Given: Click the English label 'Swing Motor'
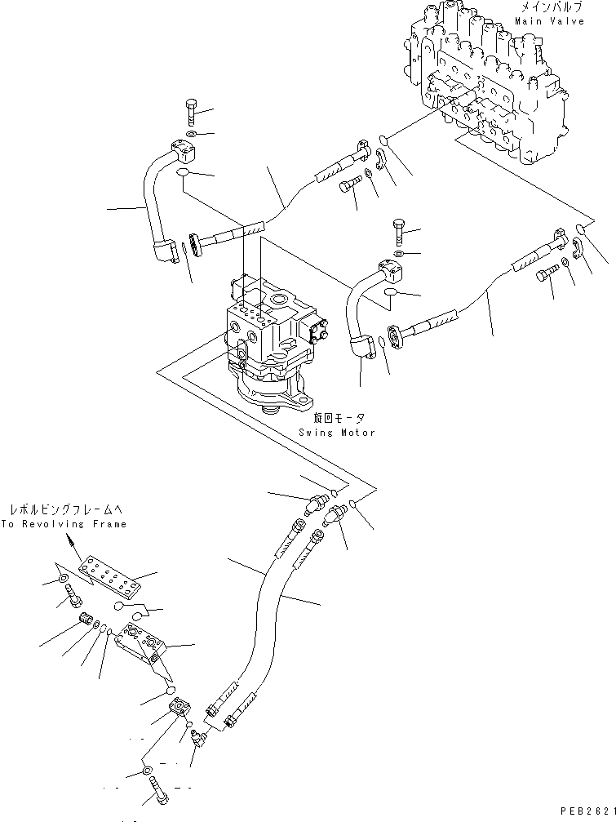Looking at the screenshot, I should (336, 433).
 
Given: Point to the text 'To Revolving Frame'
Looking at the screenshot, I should (64, 524).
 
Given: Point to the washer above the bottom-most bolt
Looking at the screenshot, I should (147, 771).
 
